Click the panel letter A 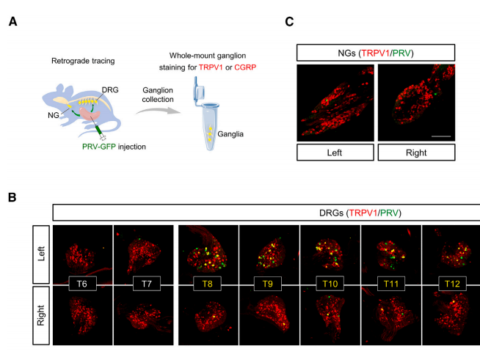(13, 22)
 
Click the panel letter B (12, 197)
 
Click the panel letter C (289, 22)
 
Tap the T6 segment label (82, 284)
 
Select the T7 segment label (147, 284)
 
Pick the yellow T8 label (207, 284)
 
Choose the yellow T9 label (268, 284)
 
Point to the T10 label (330, 284)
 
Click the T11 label (391, 284)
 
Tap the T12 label (452, 284)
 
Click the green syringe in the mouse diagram (100, 131)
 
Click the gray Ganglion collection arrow (159, 111)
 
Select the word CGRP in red (245, 67)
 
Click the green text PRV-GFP (99, 147)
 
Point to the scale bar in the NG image (441, 136)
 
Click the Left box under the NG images (335, 153)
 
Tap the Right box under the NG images (416, 153)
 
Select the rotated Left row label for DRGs (41, 254)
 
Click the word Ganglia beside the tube (230, 134)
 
